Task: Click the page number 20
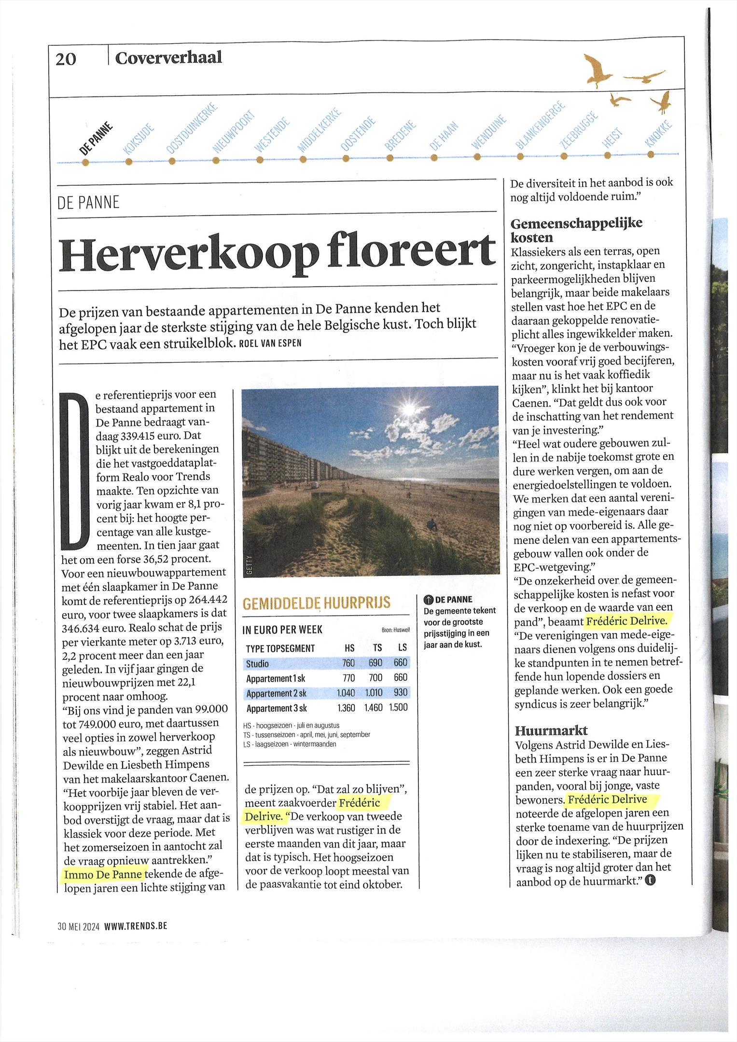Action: click(66, 59)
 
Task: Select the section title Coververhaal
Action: click(168, 57)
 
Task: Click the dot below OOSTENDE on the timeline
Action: click(346, 158)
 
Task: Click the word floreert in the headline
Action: click(411, 254)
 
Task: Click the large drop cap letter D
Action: click(75, 472)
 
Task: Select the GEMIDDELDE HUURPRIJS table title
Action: click(316, 603)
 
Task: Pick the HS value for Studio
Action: click(348, 663)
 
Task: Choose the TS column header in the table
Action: click(377, 648)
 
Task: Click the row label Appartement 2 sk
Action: click(276, 693)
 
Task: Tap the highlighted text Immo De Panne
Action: click(103, 874)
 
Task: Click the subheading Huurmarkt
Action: click(551, 730)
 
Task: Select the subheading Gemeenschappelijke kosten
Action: click(576, 230)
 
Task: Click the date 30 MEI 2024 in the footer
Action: click(78, 926)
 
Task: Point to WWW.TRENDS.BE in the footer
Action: click(136, 926)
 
